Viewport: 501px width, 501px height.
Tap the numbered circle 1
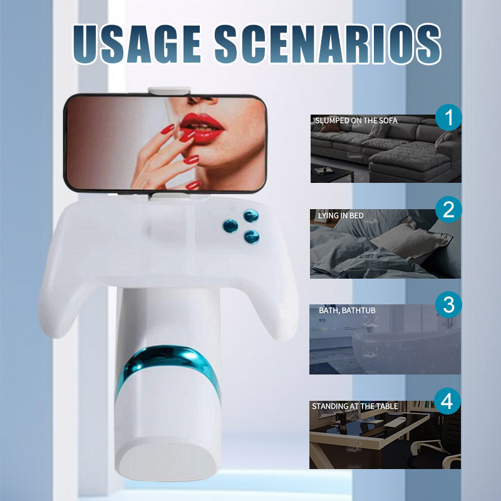448,118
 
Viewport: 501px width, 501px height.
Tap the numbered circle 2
448,210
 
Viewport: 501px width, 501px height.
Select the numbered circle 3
448,306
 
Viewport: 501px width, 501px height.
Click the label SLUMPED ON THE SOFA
356,120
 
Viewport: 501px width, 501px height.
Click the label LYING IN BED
341,215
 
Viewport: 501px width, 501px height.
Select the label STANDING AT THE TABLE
354,406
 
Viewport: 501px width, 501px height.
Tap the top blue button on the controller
251,217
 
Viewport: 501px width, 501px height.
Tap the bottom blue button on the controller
252,236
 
